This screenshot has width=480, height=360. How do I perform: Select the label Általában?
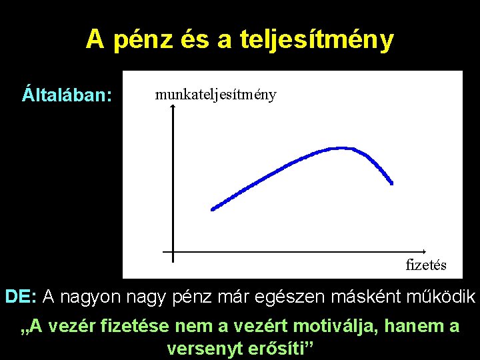point(67,94)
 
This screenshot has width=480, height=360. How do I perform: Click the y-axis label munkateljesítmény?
point(215,94)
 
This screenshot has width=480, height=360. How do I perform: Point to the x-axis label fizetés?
point(426,265)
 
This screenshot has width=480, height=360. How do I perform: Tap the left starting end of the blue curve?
point(213,209)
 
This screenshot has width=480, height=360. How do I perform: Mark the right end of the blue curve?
point(391,183)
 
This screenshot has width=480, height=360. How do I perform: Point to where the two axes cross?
point(173,252)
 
